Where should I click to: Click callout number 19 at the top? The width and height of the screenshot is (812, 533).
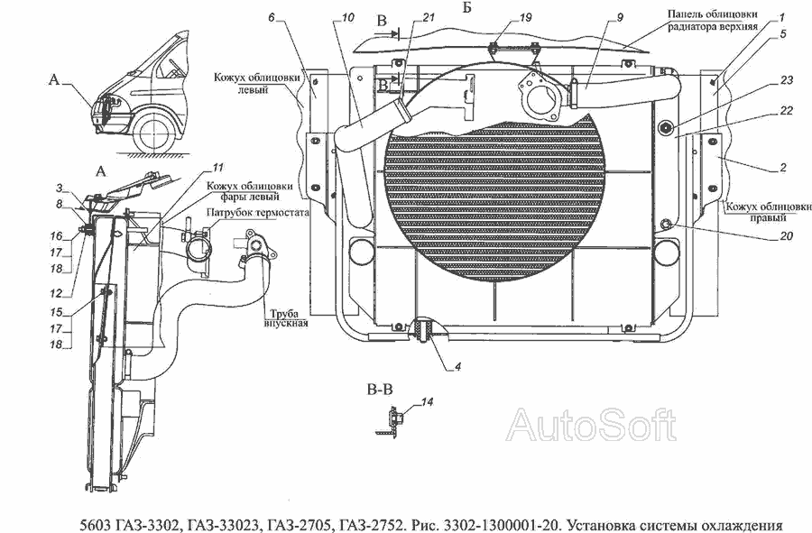point(527,17)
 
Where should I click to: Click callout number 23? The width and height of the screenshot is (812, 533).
point(787,80)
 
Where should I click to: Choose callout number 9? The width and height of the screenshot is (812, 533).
point(595,17)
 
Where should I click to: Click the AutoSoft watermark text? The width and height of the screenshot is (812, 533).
point(592,424)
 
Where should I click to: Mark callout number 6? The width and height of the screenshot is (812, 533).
point(271,17)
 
